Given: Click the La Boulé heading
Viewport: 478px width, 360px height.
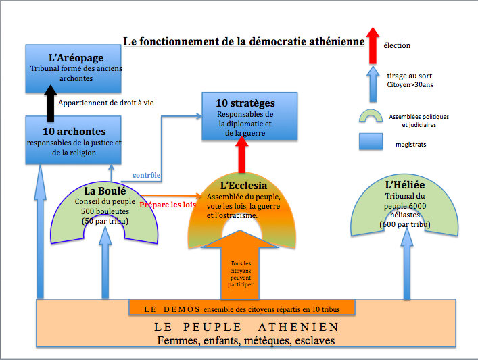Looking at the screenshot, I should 105,190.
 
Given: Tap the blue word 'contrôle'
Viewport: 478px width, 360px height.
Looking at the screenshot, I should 147,176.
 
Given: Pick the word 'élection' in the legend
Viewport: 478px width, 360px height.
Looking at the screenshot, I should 397,45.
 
